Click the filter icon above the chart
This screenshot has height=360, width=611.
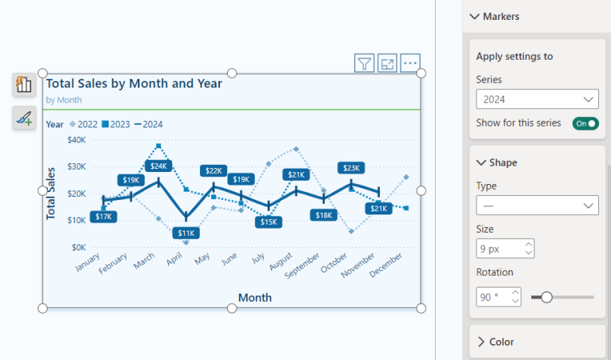[x=364, y=64]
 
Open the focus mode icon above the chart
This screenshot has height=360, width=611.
[x=387, y=64]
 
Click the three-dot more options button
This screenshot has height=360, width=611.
[x=410, y=64]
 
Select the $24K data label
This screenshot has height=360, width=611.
[x=158, y=166]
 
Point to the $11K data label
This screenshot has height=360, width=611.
[x=185, y=233]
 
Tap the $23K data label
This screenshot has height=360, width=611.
[x=351, y=167]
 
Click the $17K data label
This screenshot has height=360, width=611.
[x=104, y=217]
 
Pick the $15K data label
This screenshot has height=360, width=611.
[x=268, y=221]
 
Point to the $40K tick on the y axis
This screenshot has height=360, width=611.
[x=76, y=140]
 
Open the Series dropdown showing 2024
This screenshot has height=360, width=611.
[x=537, y=100]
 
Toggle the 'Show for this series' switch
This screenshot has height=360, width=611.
[x=586, y=123]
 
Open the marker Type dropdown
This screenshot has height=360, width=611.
[x=537, y=205]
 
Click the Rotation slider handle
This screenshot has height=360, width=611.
[x=546, y=297]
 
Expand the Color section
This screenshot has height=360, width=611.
[x=501, y=342]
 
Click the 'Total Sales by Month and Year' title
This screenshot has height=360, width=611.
[x=133, y=83]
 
